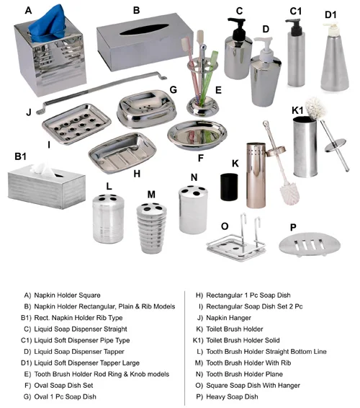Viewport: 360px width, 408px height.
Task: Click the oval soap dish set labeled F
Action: pos(196,134)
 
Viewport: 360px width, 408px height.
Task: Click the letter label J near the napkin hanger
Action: pos(29,113)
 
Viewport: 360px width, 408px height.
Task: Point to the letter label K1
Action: pos(297,110)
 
